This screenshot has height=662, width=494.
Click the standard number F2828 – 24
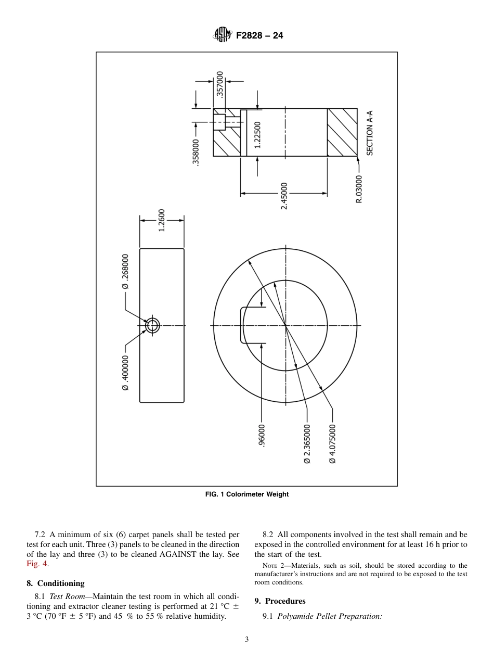point(259,36)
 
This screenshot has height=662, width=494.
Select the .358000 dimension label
point(196,151)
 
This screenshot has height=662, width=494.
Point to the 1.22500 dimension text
point(257,135)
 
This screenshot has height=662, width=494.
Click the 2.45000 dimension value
point(284,196)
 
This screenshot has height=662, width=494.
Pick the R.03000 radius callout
point(359,188)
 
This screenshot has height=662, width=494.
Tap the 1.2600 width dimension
point(162,220)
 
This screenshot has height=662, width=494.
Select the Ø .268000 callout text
point(125,271)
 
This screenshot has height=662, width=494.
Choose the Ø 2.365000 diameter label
point(307,443)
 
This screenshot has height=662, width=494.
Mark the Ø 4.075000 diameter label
point(332,443)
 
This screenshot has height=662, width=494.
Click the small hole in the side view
point(152,326)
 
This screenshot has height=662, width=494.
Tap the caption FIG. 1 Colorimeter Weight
point(247,494)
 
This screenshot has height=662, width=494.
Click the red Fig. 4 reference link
point(37,564)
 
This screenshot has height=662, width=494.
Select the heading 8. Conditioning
point(56,583)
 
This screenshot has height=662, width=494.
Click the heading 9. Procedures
point(280,601)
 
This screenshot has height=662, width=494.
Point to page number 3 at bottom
point(247,640)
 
